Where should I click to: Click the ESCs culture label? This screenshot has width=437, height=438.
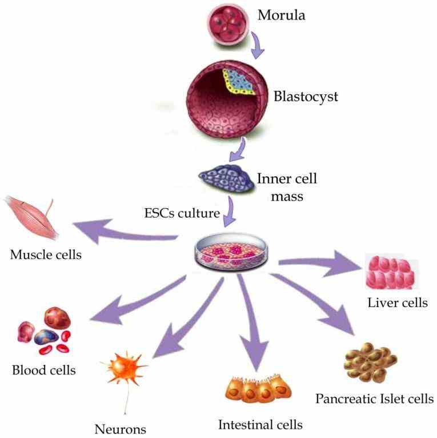181,215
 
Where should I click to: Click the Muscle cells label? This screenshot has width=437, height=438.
46,253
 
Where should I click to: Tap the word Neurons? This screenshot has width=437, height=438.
121,428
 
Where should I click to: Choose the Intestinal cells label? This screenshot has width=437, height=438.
260,424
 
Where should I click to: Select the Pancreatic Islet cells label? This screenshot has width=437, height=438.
375,398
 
